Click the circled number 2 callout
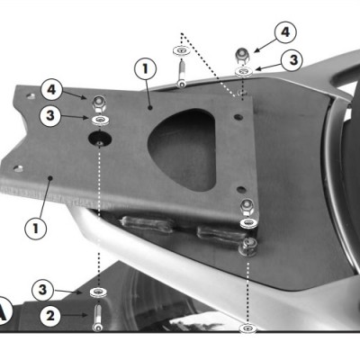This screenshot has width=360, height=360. (x=50, y=316)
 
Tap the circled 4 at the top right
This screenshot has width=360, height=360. (x=285, y=31)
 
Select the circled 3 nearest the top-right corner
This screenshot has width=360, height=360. (x=292, y=60)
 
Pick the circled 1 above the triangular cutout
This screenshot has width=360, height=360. (x=145, y=69)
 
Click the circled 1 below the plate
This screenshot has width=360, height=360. (x=36, y=229)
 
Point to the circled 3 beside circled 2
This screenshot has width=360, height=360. (x=43, y=290)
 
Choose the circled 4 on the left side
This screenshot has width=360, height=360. (x=51, y=89)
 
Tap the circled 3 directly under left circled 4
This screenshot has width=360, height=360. (x=50, y=115)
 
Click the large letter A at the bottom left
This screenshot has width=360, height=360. (x=4, y=311)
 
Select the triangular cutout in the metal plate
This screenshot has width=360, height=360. (x=183, y=149)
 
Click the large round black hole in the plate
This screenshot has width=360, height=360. (x=100, y=139)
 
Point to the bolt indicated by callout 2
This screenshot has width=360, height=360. (x=97, y=318)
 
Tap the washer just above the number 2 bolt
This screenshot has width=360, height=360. (x=97, y=292)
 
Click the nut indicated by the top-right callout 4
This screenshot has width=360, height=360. (x=242, y=56)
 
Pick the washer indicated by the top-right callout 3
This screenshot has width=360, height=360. (x=244, y=72)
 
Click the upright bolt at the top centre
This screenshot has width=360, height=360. (x=181, y=74)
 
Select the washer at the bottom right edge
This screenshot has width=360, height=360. (x=247, y=328)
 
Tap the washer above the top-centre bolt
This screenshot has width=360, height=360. (x=181, y=50)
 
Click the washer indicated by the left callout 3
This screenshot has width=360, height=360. (x=100, y=121)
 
